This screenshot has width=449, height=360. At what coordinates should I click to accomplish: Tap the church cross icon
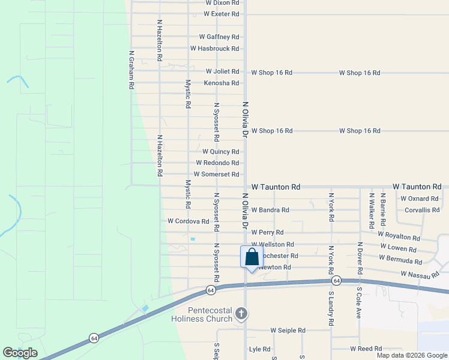pyautogui.click(x=241, y=313)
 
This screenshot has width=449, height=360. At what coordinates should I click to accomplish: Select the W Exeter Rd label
pyautogui.click(x=221, y=14)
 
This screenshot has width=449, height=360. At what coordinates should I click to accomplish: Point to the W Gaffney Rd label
pyautogui.click(x=219, y=37)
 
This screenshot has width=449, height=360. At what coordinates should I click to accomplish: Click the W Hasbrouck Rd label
pyautogui.click(x=214, y=49)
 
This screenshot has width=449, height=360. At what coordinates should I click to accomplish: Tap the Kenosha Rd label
pyautogui.click(x=221, y=83)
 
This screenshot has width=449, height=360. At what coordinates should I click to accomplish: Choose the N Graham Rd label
pyautogui.click(x=131, y=70)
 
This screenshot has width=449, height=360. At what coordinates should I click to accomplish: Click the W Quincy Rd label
pyautogui.click(x=220, y=152)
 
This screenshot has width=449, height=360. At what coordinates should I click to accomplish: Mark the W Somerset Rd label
pyautogui.click(x=212, y=175)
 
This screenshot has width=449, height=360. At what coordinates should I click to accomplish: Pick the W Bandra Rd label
pyautogui.click(x=270, y=210)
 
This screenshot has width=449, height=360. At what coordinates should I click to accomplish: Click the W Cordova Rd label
pyautogui.click(x=188, y=221)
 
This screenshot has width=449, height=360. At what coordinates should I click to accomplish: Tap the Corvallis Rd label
pyautogui.click(x=422, y=210)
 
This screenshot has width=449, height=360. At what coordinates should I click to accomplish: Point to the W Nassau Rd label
pyautogui.click(x=420, y=274)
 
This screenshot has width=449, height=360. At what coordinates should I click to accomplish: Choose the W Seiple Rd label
pyautogui.click(x=288, y=331)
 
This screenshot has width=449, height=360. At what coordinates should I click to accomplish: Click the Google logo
pyautogui.click(x=19, y=353)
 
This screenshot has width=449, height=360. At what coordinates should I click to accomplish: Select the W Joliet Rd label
pyautogui.click(x=219, y=72)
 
